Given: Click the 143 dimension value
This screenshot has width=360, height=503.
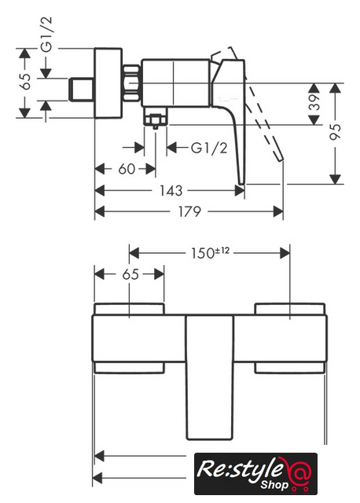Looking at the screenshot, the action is (x=171, y=190).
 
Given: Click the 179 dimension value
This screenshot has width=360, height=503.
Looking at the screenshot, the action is (x=189, y=211).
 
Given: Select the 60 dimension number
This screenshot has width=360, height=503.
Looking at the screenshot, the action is (x=127, y=169).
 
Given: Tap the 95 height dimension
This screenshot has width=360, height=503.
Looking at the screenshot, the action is (x=336, y=131).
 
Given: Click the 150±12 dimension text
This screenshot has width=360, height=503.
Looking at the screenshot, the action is (x=211, y=253).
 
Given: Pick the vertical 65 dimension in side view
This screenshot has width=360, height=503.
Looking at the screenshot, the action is (x=25, y=82).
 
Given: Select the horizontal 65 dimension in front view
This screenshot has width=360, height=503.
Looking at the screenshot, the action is (x=130, y=274).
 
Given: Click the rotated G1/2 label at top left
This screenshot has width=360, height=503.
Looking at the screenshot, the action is (x=46, y=35).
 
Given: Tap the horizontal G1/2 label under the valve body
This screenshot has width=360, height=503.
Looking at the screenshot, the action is (x=209, y=148).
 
